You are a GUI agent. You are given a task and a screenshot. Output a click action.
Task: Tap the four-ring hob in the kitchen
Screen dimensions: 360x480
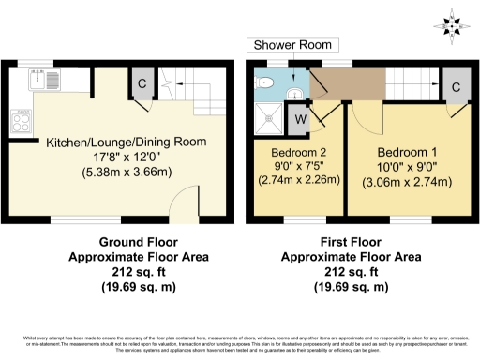click(20, 119)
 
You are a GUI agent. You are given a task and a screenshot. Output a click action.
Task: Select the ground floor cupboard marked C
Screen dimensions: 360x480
click(142, 82)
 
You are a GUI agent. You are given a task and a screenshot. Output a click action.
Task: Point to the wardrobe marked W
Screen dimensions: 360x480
click(301, 118)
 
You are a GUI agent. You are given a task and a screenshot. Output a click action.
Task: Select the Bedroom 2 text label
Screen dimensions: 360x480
click(298, 152)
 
